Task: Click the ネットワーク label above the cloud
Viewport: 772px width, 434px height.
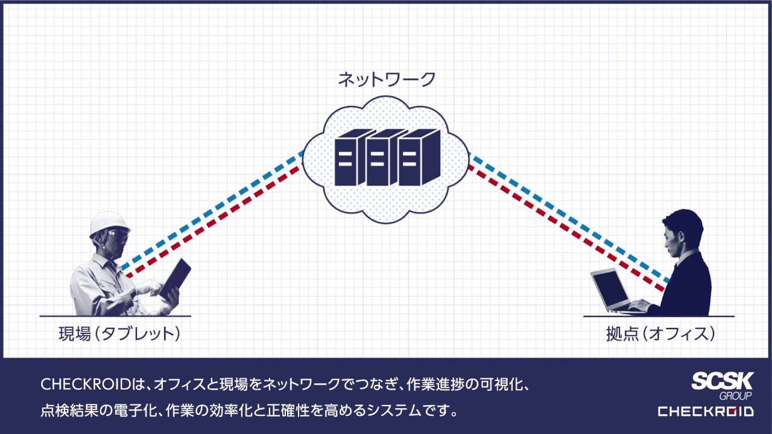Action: click(x=386, y=79)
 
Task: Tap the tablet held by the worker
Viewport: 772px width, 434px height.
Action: click(x=175, y=278)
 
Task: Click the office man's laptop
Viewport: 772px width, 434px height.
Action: click(x=610, y=289)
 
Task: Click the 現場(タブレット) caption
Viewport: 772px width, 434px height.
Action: click(x=119, y=334)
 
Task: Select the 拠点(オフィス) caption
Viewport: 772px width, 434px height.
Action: click(x=661, y=334)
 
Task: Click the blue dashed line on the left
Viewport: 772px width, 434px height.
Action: click(x=211, y=211)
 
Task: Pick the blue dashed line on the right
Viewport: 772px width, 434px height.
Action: click(x=567, y=217)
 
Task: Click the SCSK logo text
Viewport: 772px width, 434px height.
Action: click(x=722, y=382)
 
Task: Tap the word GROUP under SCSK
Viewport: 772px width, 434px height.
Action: click(x=735, y=396)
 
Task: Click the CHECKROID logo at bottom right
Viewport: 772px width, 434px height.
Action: click(x=705, y=412)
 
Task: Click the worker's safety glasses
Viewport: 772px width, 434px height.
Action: click(x=118, y=233)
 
